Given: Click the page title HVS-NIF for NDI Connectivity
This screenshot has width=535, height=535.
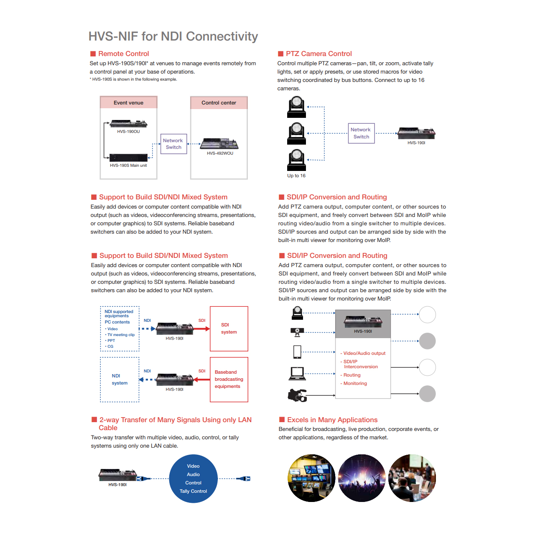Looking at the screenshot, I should coord(173,37).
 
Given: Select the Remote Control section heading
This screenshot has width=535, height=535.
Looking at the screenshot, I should coord(123,53).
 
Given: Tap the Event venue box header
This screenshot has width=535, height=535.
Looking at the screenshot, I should coord(128,103).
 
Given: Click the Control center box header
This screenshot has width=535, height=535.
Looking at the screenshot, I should coord(219,103).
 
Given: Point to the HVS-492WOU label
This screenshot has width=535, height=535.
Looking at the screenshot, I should coord(220,153).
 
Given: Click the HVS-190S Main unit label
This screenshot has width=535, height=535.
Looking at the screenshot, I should coord(128,166).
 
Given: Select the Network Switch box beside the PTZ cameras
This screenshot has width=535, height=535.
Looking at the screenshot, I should coord(361,133).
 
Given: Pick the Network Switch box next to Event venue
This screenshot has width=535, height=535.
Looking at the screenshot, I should coord(173,144).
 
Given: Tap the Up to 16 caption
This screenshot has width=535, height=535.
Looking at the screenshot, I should coord(296,176).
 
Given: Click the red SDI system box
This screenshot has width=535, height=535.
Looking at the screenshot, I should coord(229,329).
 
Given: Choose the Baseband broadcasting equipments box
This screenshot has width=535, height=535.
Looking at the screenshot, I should coord(229,379).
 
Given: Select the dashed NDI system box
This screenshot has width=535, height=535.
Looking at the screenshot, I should coord(120,380).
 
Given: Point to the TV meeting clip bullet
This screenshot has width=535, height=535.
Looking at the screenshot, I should coord(121,335).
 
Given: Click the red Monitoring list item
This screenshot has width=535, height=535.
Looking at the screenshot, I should coord(355,383).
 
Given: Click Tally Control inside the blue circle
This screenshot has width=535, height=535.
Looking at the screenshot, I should coord(193,491).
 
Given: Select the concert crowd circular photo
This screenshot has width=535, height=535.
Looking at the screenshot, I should coord(362,478).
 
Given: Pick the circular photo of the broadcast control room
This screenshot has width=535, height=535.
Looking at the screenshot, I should coord(311,478).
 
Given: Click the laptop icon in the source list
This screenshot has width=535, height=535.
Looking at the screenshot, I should coord(297,373).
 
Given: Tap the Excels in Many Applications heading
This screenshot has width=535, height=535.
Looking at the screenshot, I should coord(332,420).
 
